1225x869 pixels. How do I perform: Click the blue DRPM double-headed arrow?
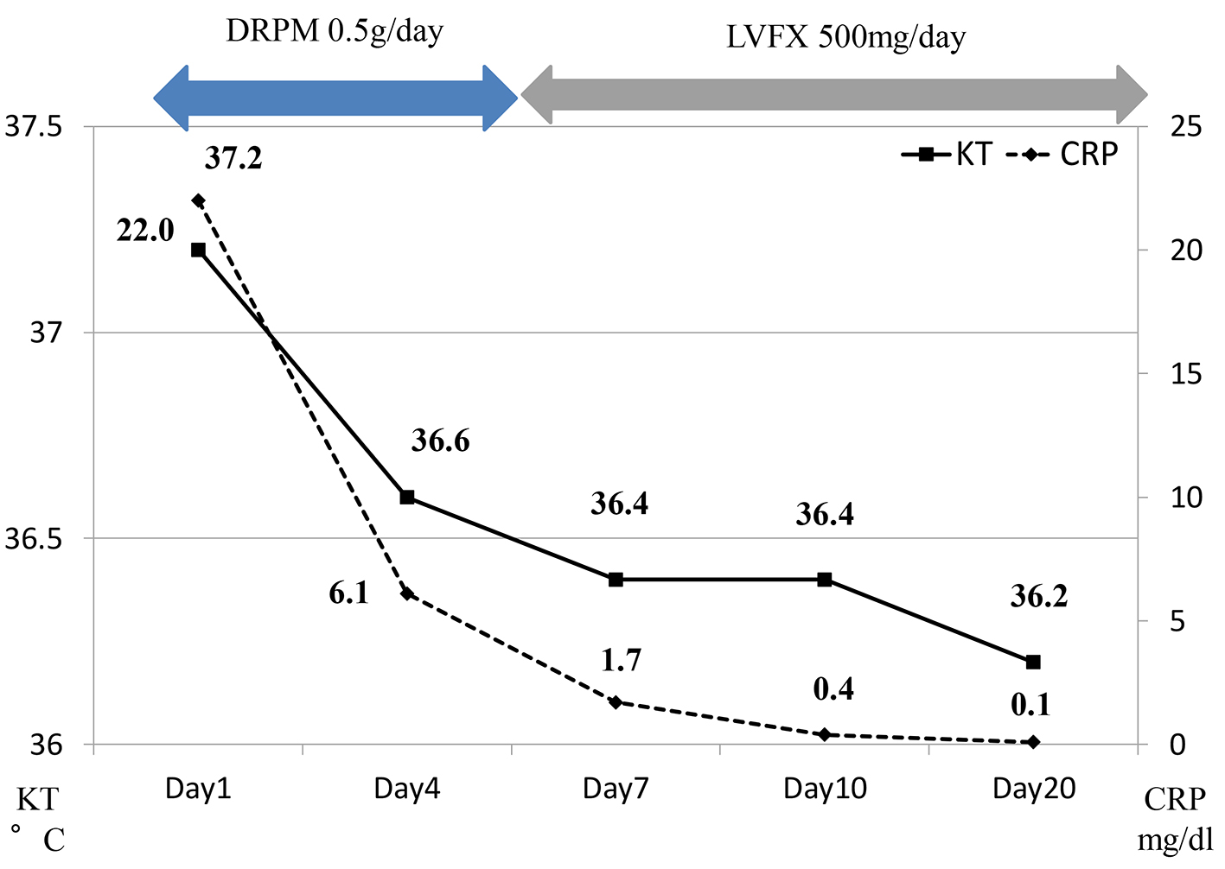[x=335, y=97]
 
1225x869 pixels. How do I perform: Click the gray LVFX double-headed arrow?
[x=834, y=95]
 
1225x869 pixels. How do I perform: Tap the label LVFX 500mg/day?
[x=845, y=37]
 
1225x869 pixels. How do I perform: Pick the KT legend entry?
[x=947, y=155]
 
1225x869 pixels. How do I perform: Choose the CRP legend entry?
[x=1063, y=155]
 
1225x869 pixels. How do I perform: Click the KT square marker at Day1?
[x=198, y=250]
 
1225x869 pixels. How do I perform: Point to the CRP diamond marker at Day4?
[x=406, y=593]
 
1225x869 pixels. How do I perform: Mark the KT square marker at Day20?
[x=1033, y=662]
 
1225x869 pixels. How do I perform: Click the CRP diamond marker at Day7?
[x=616, y=702]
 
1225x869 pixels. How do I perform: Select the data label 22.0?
[x=145, y=231]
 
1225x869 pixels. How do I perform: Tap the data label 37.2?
[x=233, y=158]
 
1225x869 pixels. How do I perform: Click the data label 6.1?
[x=348, y=593]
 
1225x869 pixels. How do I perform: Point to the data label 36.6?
[x=440, y=441]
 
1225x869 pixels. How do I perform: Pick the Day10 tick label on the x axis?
[x=825, y=789]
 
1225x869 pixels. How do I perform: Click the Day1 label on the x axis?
[x=198, y=789]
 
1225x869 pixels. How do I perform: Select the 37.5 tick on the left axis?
[x=35, y=127]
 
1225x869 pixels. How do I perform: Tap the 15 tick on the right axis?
[x=1185, y=374]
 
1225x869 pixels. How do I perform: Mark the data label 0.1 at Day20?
[x=1030, y=706]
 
